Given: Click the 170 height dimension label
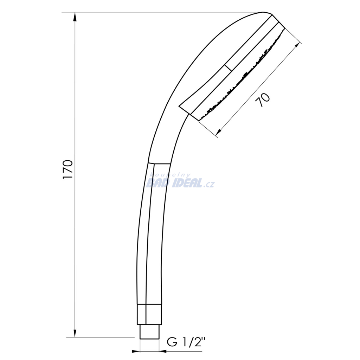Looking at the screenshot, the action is pos(68,169).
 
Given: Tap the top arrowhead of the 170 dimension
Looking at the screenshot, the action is pos(75,17).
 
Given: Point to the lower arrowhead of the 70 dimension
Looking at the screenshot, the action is pos(219,132).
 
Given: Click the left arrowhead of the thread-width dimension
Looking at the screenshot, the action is pos(136,351).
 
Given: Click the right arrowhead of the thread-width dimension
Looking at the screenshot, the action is pos(163,351).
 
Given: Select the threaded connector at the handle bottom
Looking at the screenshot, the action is pos(149,332).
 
